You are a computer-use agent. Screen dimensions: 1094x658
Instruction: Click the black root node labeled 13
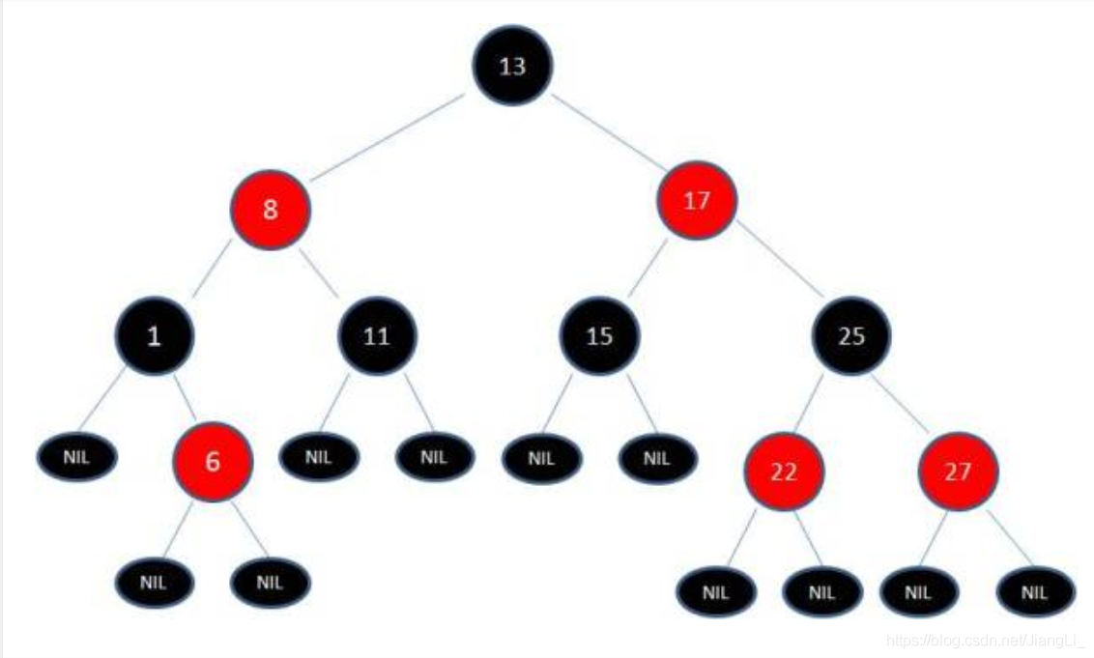(x=511, y=66)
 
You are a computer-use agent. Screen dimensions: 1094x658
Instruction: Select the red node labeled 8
(x=271, y=210)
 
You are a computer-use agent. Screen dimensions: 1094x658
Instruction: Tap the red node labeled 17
(x=696, y=201)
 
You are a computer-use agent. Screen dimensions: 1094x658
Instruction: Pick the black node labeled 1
(x=155, y=335)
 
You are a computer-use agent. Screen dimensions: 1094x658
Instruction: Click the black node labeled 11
(x=377, y=336)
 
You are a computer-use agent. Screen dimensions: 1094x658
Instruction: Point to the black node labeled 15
(x=599, y=336)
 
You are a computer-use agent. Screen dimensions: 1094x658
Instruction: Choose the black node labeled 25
(x=851, y=336)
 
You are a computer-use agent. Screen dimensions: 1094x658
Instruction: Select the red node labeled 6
(x=213, y=462)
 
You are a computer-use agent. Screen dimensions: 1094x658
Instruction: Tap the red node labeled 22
(x=784, y=472)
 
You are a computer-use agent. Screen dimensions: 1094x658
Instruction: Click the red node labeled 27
(x=958, y=472)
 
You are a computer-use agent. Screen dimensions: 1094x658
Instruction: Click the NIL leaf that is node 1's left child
(x=77, y=457)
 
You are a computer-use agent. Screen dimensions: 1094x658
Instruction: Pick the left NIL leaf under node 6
(x=155, y=583)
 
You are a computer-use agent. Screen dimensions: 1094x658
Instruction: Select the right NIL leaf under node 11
(x=435, y=457)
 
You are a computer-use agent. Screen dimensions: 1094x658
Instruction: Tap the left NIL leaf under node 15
(x=542, y=458)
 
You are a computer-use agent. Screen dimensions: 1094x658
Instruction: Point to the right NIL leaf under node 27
(x=1035, y=592)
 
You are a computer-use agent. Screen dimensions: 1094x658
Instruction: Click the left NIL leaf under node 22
(x=716, y=592)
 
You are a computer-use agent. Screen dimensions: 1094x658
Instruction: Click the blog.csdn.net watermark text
(x=987, y=640)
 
